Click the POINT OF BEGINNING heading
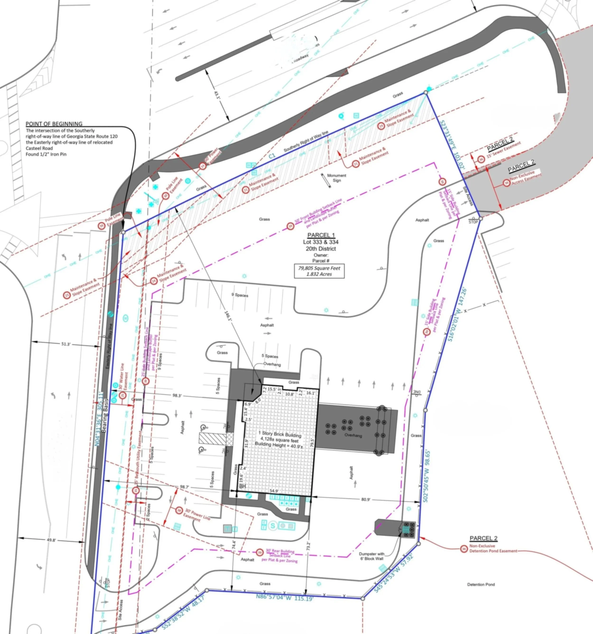point(54,124)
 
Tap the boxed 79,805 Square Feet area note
point(319,271)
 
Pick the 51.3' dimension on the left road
point(66,344)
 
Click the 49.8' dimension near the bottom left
point(51,540)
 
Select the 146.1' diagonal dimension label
point(229,317)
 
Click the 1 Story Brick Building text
point(280,435)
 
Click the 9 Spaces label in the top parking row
point(240,295)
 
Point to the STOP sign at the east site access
point(473,222)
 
